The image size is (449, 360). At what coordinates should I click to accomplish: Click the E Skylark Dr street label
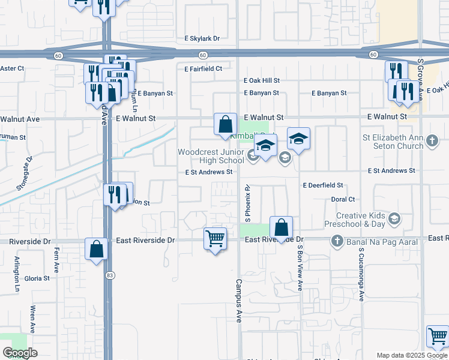pos(202,38)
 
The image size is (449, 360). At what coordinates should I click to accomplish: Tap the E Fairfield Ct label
pos(203,69)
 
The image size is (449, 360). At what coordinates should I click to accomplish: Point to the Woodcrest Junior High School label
pos(211,156)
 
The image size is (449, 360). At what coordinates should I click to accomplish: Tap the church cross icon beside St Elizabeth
pos(432,142)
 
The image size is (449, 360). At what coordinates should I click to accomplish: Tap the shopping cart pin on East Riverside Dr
pos(215,238)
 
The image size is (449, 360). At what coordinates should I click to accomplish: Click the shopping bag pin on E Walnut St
pos(225,125)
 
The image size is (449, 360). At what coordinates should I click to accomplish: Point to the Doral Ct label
pos(343,199)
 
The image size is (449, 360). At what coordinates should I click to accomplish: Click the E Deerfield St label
pos(323,185)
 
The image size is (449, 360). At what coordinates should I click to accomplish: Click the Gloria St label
pos(37,279)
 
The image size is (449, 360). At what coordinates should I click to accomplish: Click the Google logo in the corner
pos(20,353)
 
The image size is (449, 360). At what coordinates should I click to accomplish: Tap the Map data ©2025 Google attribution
pos(411,355)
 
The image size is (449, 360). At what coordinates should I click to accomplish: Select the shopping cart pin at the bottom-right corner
pos(438,337)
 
